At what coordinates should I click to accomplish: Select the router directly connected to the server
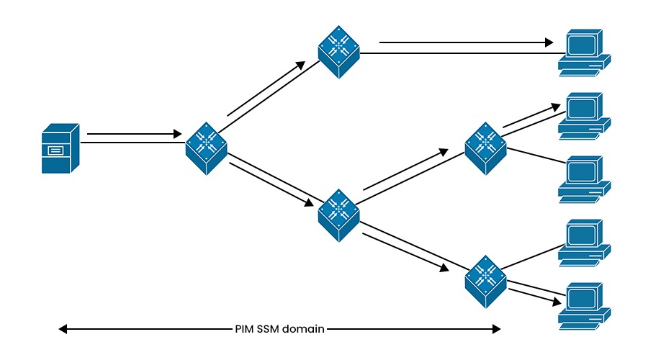[207, 148]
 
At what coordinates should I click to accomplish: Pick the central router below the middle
[339, 215]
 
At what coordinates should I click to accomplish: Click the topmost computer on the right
[585, 52]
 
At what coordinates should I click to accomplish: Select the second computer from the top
[585, 114]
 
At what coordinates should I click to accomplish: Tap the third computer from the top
[585, 178]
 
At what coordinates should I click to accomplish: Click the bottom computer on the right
[585, 305]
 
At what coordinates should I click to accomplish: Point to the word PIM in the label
[244, 329]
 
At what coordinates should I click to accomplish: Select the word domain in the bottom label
[303, 329]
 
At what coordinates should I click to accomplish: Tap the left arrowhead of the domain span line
[63, 329]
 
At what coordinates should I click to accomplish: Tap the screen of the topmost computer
[581, 45]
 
